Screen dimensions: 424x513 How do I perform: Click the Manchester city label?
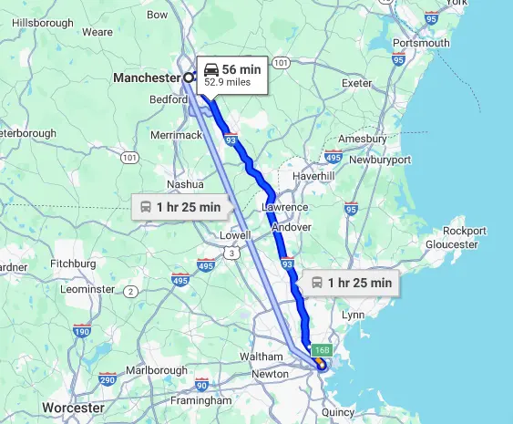[146, 78]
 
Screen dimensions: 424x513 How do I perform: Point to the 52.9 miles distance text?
[227, 81]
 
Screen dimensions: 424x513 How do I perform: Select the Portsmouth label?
[422, 43]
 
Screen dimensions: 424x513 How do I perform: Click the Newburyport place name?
[378, 160]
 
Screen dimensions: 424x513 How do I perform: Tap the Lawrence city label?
[285, 207]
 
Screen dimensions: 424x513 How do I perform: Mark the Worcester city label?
[73, 407]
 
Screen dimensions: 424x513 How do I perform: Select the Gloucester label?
[451, 244]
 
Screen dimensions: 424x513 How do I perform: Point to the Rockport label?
[465, 231]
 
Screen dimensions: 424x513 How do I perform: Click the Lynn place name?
[352, 315]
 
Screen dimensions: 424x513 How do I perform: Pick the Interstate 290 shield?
[108, 379]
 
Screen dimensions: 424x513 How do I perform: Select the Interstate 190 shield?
[82, 332]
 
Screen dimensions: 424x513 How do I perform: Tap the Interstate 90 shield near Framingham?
[202, 385]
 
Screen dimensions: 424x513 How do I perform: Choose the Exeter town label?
[356, 83]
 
